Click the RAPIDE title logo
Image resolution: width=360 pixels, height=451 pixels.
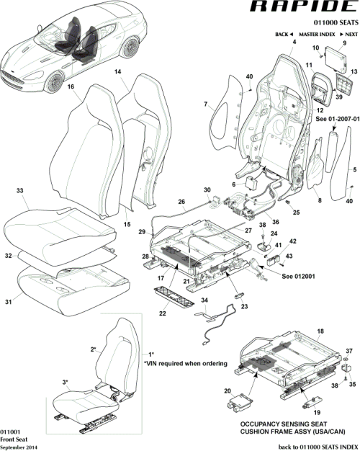[x=302, y=9]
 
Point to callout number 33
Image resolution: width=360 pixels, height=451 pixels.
[x=20, y=191]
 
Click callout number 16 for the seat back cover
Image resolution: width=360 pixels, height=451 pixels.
[x=71, y=87]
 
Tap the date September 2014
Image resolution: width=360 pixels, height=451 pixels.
[x=19, y=447]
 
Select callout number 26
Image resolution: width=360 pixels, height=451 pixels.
[x=181, y=202]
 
